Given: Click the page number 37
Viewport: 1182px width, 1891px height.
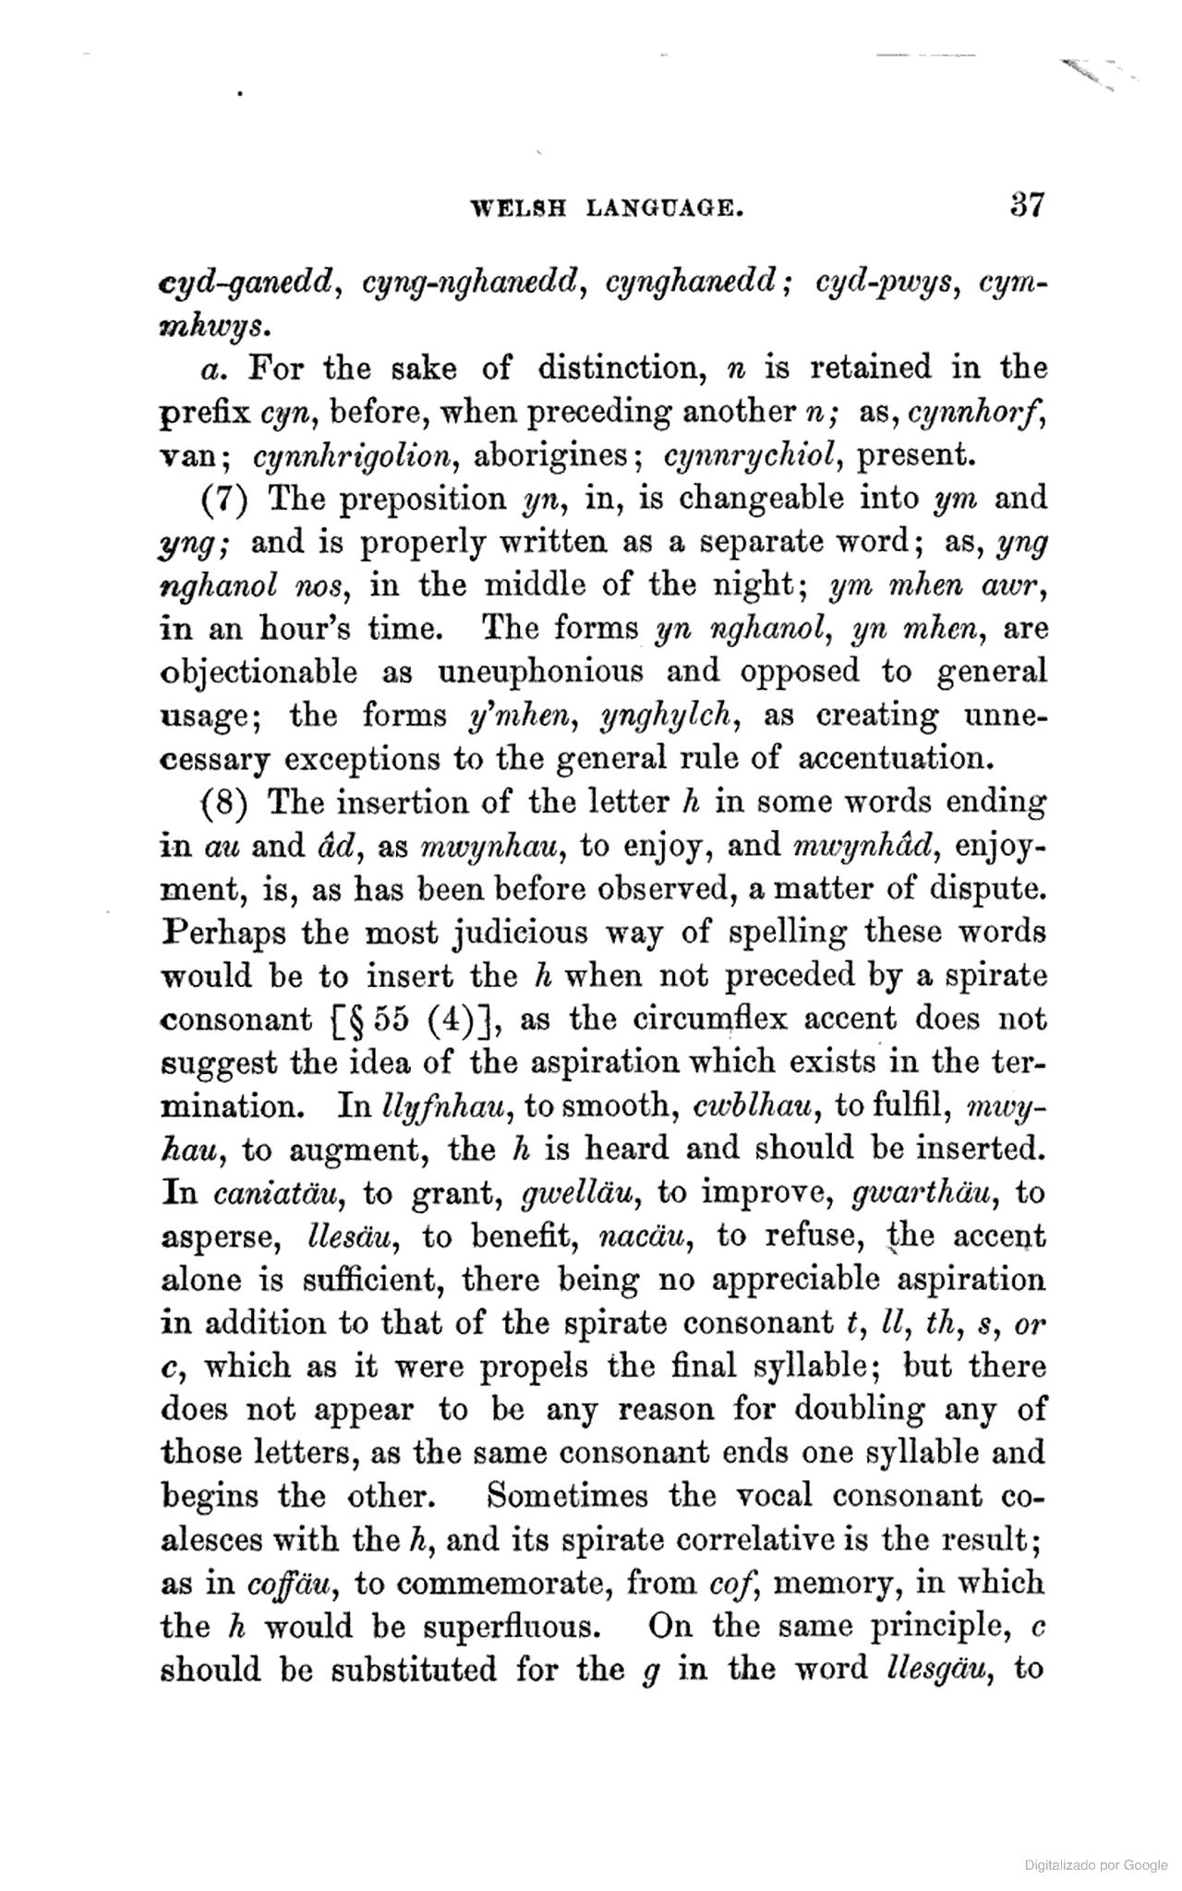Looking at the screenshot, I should pyautogui.click(x=1026, y=203).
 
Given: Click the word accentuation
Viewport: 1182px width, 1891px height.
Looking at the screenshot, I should pyautogui.click(x=894, y=758).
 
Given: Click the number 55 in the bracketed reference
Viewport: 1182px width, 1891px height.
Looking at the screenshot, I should pyautogui.click(x=392, y=1019).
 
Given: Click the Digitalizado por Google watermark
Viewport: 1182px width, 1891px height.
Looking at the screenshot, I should pyautogui.click(x=1095, y=1865).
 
